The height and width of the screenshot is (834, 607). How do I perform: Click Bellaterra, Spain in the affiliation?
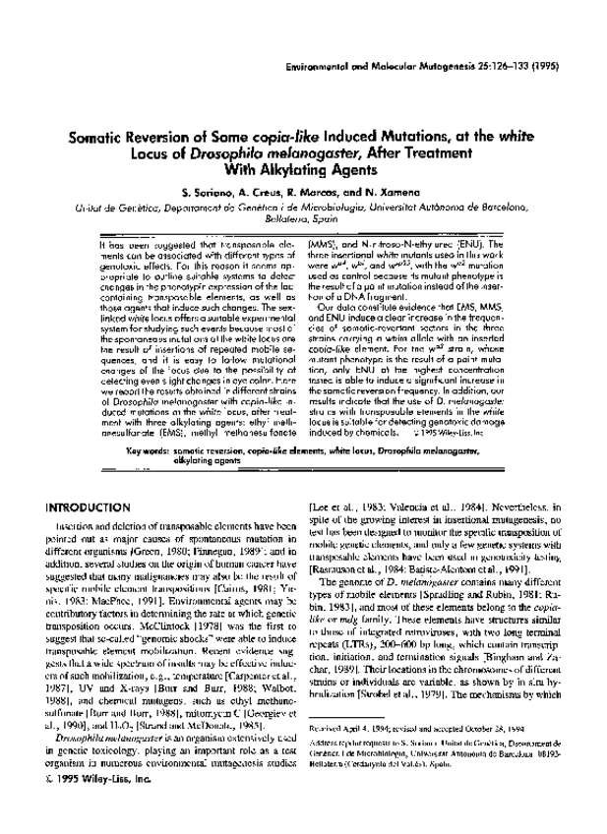click(x=303, y=222)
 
